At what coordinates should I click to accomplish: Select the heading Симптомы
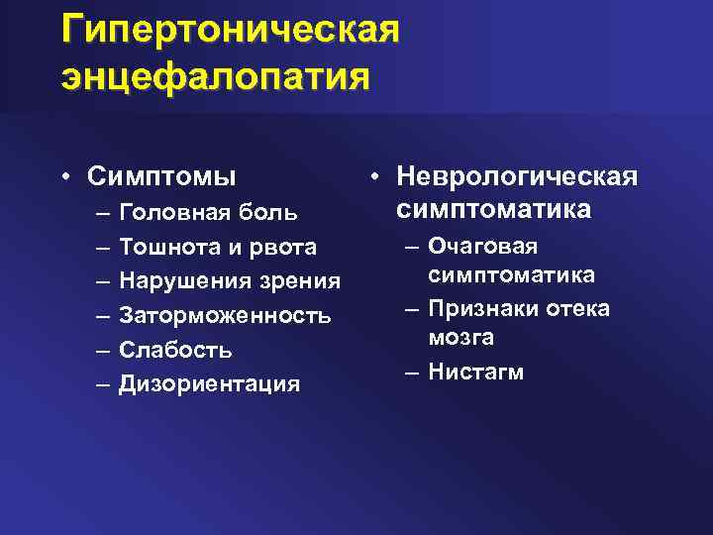pyautogui.click(x=161, y=177)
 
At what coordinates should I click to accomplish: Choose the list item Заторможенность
pyautogui.click(x=225, y=316)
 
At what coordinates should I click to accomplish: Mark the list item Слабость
pyautogui.click(x=175, y=350)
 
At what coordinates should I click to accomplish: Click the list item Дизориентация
pyautogui.click(x=209, y=384)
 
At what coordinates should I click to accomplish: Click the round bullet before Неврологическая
pyautogui.click(x=377, y=178)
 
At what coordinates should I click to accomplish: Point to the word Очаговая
pyautogui.click(x=482, y=247)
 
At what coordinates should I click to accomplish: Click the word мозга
pyautogui.click(x=461, y=339)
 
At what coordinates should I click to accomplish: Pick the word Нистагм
pyautogui.click(x=476, y=373)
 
